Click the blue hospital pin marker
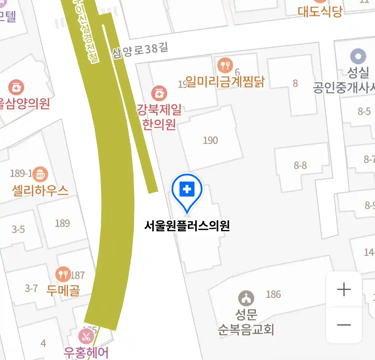[187, 190]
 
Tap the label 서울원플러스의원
[187, 226]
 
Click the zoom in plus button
[344, 289]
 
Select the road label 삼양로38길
[140, 50]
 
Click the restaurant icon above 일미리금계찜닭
[225, 65]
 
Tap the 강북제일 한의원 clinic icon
[159, 93]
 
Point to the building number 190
[210, 140]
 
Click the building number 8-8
[300, 165]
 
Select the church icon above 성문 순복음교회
[246, 298]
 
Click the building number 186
[273, 294]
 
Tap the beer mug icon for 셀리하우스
[40, 174]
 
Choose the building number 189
[62, 223]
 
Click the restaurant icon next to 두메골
[63, 275]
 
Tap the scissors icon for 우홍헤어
[86, 336]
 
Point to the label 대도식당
[320, 12]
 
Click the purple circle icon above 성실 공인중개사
[358, 56]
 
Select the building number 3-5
[18, 229]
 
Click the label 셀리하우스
[40, 191]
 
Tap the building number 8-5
[364, 111]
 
